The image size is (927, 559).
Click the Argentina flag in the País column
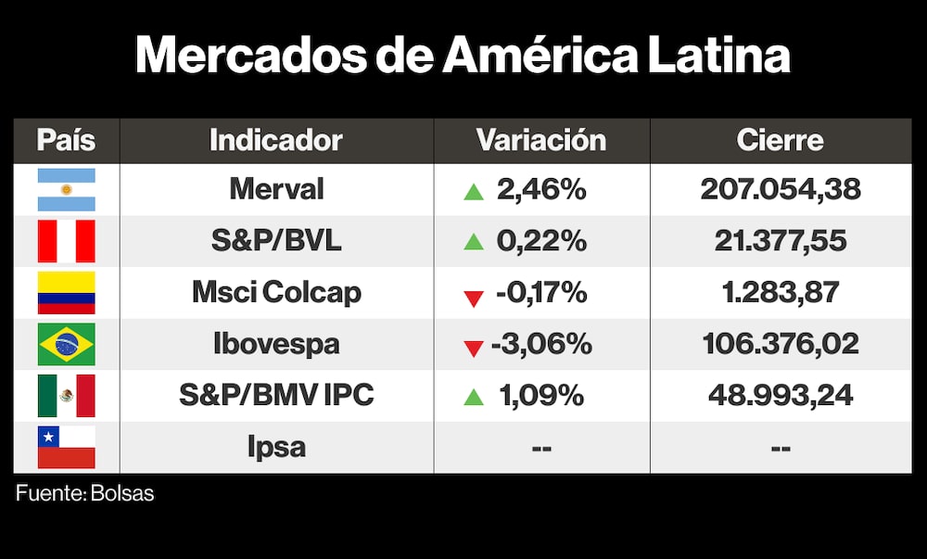[66, 190]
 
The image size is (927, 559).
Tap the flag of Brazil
[66, 345]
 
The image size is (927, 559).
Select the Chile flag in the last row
[66, 448]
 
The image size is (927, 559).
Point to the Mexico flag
[66, 396]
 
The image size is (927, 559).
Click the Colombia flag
[66, 293]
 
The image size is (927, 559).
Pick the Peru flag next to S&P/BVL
[66, 241]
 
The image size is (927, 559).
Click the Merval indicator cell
[276, 190]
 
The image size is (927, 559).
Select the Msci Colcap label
[276, 293]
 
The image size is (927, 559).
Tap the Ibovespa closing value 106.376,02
[781, 344]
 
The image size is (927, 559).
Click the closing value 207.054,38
[781, 190]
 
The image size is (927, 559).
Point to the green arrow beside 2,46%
[474, 192]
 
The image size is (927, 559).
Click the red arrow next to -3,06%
[474, 348]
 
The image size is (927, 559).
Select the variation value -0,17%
[541, 293]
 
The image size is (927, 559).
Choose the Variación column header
[541, 140]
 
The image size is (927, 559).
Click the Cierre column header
[781, 140]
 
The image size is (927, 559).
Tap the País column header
[66, 140]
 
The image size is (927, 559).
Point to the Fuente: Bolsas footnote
[85, 493]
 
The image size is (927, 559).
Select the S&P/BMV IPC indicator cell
[276, 396]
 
